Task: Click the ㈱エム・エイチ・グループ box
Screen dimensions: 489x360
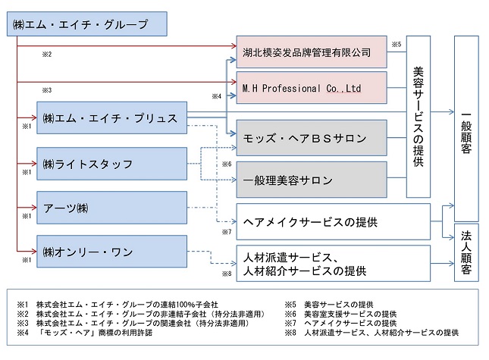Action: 87,24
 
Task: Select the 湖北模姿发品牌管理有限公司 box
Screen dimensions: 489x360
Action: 312,52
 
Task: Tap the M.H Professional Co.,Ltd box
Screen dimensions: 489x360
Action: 312,88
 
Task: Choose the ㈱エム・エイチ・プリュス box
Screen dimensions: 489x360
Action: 112,117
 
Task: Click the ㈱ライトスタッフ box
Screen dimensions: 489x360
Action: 112,164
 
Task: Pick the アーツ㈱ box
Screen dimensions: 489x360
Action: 112,208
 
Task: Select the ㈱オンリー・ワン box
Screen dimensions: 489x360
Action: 112,252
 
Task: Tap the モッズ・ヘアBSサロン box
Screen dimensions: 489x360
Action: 312,138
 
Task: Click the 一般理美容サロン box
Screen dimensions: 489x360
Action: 312,180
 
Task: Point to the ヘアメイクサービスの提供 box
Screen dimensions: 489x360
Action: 334,221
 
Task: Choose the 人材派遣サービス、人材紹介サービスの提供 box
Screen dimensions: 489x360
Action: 334,264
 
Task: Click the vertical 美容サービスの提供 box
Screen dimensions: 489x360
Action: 418,117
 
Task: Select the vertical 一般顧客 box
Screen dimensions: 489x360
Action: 466,128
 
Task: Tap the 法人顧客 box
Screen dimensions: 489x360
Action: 466,252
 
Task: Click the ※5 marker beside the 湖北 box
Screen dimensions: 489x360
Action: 397,44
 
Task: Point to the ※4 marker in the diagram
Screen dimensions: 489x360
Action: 216,96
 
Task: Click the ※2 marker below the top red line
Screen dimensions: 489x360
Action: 47,55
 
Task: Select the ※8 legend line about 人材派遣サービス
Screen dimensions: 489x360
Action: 371,333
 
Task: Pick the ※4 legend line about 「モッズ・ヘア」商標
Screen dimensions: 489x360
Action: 85,333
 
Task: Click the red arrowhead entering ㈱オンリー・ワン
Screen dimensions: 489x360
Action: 34,251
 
